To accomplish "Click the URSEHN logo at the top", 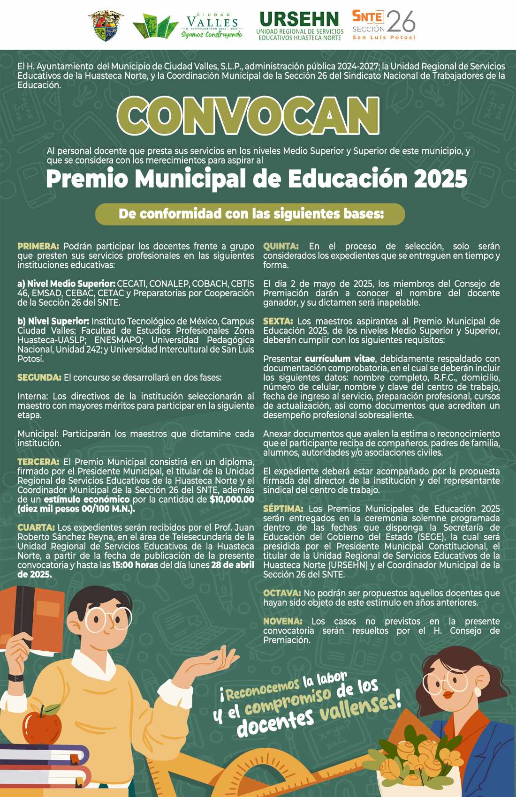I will [x=299, y=25].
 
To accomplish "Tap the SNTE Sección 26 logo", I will [x=384, y=25].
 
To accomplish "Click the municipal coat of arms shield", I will [x=106, y=25].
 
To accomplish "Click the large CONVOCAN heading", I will [x=248, y=116].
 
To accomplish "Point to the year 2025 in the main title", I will [x=441, y=179].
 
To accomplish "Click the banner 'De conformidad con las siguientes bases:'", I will [x=250, y=214].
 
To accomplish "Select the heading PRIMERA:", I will [x=38, y=246].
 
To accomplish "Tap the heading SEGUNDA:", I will [x=39, y=377].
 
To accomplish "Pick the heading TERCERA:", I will [x=38, y=462].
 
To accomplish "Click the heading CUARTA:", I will [x=36, y=527].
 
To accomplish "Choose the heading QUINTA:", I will [x=281, y=246].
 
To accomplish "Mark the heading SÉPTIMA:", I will [x=283, y=509].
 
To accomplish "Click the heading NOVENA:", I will [x=282, y=621].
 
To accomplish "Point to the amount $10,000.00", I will [x=232, y=499].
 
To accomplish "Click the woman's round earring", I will [x=478, y=692].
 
